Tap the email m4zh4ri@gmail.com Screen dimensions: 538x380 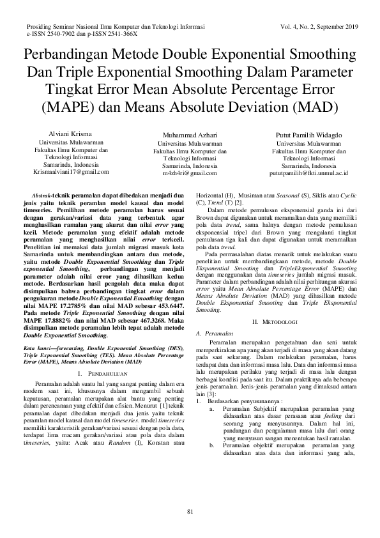190,173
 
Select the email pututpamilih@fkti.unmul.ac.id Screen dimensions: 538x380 308,173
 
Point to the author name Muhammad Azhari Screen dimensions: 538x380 190,135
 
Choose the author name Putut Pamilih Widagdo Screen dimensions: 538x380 308,135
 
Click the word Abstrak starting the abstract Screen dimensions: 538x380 42,193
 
